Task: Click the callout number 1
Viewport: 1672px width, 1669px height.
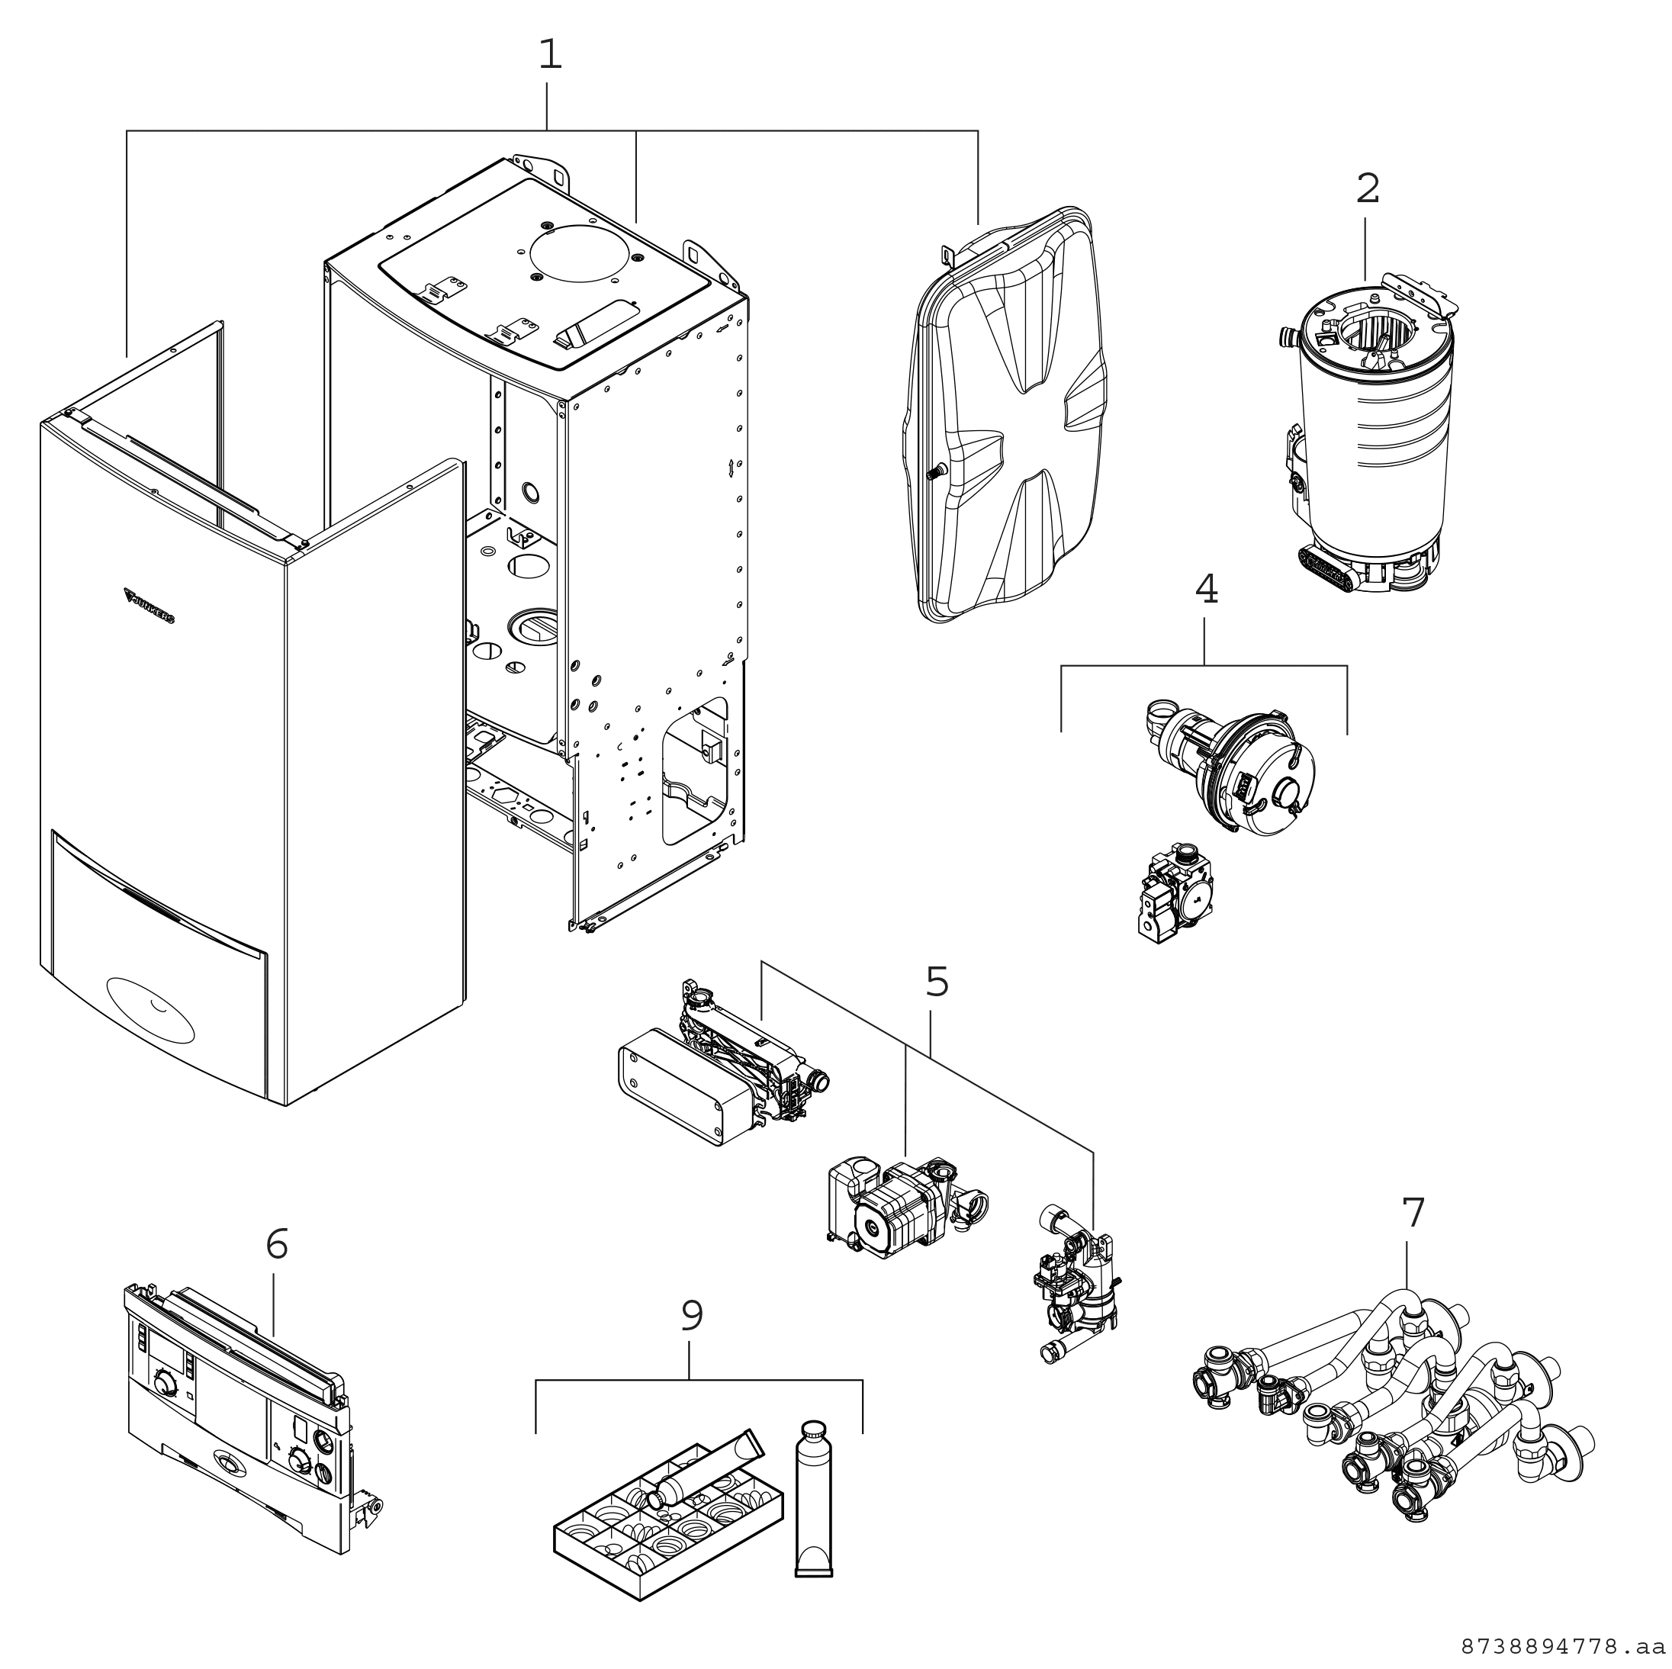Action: [x=549, y=56]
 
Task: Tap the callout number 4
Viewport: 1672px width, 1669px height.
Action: [x=1205, y=590]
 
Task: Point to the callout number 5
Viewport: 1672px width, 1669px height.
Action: [x=937, y=982]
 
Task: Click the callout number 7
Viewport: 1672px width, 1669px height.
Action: [x=1413, y=1213]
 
